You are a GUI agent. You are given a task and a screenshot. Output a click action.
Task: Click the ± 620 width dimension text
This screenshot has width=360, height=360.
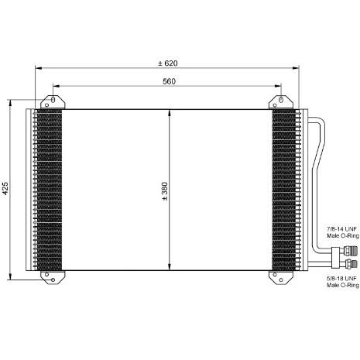(168, 63)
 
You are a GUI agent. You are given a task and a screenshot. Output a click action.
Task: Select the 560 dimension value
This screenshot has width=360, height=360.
(169, 81)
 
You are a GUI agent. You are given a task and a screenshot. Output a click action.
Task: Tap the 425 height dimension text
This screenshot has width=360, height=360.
(5, 188)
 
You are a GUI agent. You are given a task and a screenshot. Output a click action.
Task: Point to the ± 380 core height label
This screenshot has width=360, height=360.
(165, 191)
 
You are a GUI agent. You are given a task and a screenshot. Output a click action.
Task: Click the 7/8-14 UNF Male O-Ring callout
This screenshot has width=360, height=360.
(343, 232)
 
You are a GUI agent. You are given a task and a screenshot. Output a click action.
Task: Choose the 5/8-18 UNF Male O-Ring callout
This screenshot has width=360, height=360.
(343, 282)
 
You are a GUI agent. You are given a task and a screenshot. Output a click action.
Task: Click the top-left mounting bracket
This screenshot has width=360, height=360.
(53, 102)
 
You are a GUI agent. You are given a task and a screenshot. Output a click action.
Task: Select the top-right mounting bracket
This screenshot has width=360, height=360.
(281, 102)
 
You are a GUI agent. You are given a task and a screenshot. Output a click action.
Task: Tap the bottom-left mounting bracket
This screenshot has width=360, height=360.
(53, 277)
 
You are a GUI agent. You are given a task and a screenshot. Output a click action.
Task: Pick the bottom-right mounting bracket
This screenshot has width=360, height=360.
(281, 277)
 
